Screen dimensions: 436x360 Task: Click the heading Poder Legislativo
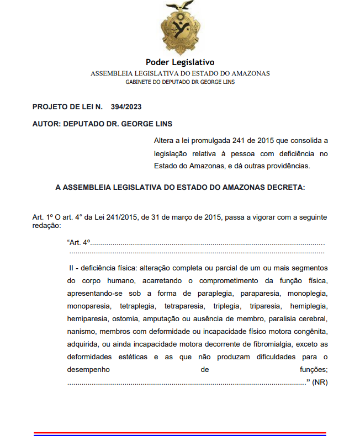[180, 62]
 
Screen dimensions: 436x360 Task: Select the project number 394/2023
[126, 107]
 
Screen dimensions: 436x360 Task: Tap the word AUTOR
[47, 124]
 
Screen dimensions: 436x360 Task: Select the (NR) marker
[320, 382]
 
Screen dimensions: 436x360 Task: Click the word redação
[46, 226]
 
